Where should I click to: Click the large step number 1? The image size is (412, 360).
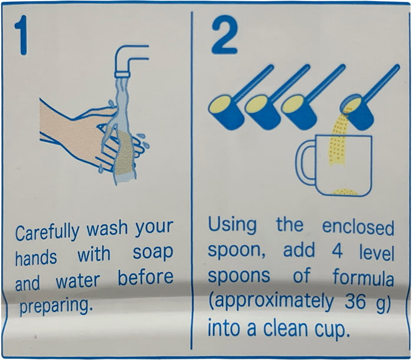pos(22,35)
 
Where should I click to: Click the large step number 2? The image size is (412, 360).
pos(225,35)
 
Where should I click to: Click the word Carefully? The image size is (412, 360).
pos(47,232)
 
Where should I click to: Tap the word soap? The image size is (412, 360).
pos(153,253)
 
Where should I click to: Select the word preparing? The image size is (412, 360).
pos(57,306)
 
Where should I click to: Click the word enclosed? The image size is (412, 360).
pos(358,227)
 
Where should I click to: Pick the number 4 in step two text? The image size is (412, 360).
pos(337,251)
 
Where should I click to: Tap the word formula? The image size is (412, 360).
pos(363,277)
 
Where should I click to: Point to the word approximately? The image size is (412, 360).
pos(271,302)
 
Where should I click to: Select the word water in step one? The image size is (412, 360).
pos(78,281)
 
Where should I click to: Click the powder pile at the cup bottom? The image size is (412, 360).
pos(345,191)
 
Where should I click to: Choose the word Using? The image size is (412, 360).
pos(232,225)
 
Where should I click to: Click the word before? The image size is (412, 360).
pos(145,277)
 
